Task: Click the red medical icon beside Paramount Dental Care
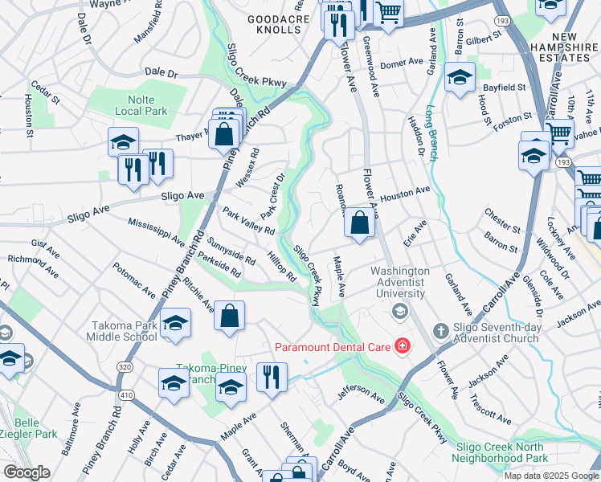[x=402, y=347]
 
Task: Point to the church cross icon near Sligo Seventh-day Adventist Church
[x=440, y=331]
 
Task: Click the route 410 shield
[x=125, y=394]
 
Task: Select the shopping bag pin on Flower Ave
[x=359, y=223]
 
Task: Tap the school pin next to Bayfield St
[x=460, y=79]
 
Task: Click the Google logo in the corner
[x=27, y=472]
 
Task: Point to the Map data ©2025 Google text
[x=550, y=476]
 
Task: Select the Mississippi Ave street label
[x=156, y=227]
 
